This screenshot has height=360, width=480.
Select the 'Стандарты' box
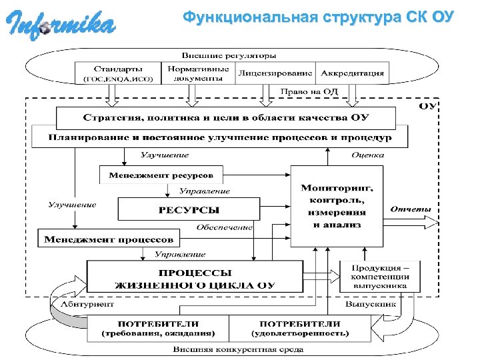(118, 73)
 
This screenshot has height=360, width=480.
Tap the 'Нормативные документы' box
(198, 73)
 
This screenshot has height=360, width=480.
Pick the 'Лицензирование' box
(275, 73)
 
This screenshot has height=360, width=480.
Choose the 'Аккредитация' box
(351, 73)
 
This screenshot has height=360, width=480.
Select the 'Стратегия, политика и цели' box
(226, 118)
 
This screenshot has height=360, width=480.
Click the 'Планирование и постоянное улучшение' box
(220, 138)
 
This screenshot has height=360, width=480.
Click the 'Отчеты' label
(411, 209)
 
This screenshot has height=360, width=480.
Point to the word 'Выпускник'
(370, 303)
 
